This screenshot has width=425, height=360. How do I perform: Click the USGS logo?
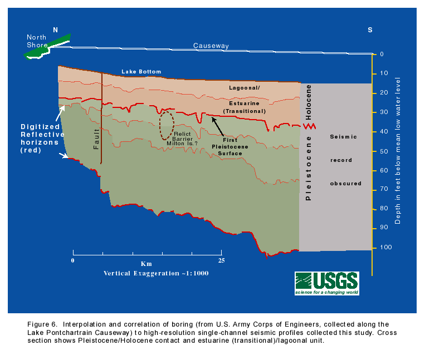(x=327, y=283)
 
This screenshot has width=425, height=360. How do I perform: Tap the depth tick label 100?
(x=385, y=247)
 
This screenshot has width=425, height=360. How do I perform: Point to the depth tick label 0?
(x=382, y=54)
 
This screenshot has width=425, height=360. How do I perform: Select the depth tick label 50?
(x=384, y=151)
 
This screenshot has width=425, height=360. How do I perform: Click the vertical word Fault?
(x=96, y=139)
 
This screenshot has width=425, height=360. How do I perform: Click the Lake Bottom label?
(x=141, y=72)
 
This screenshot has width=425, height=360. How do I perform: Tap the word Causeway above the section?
(x=211, y=46)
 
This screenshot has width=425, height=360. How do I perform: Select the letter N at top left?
(x=55, y=30)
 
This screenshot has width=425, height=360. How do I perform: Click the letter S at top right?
(x=370, y=30)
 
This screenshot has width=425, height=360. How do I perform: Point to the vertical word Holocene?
(x=309, y=102)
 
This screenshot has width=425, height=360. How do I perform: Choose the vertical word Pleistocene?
(x=308, y=168)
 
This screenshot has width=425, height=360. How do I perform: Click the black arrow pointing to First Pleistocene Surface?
(x=218, y=126)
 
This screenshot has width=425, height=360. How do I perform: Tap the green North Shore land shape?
(x=47, y=47)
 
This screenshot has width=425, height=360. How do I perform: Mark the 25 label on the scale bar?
(x=222, y=260)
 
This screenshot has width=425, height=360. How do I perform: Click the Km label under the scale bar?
(x=146, y=264)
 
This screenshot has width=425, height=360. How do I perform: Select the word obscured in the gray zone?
(x=345, y=184)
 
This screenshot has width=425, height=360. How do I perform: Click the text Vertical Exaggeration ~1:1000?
(x=156, y=273)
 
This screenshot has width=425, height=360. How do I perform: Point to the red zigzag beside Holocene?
(x=309, y=126)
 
